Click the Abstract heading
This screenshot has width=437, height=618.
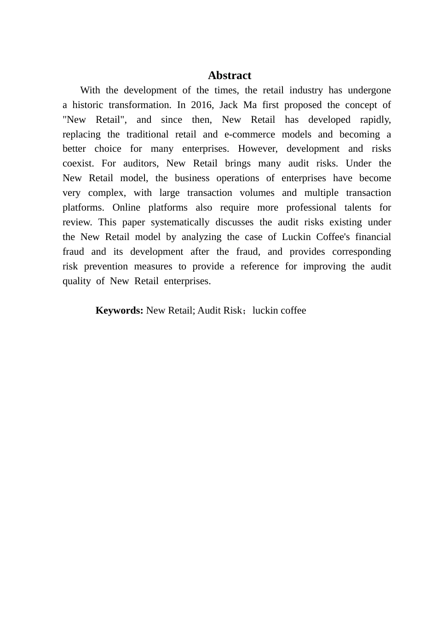[x=229, y=75]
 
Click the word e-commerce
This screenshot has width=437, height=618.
[x=249, y=134]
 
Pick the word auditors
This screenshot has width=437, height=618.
[x=141, y=163]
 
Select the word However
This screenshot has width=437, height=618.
[x=258, y=149]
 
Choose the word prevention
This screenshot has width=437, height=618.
[x=106, y=266]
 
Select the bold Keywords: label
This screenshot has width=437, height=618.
[x=119, y=310]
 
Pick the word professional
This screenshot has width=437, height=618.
[x=311, y=207]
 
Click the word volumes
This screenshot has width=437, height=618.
[x=257, y=193]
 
